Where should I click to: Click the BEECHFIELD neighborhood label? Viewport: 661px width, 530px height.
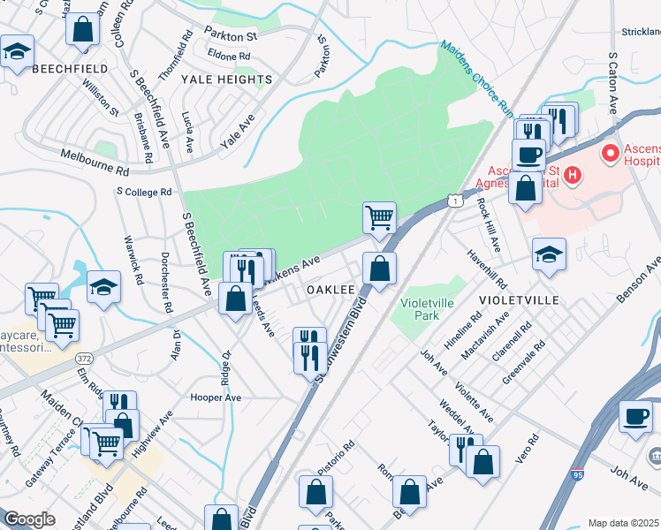click(70, 68)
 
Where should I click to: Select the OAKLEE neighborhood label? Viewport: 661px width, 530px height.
click(330, 290)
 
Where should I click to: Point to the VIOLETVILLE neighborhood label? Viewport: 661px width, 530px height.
click(520, 300)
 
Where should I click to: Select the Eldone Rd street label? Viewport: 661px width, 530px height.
click(229, 56)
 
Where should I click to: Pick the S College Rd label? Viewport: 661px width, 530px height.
click(144, 192)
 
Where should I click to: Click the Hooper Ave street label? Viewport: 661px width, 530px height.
click(216, 397)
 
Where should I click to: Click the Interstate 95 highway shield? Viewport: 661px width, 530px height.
click(577, 474)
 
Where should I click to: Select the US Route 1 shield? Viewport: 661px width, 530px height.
click(454, 201)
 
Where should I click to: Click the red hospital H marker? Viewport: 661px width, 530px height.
click(572, 176)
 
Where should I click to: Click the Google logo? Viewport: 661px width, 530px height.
click(29, 519)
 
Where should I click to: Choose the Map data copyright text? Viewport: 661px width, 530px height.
click(624, 523)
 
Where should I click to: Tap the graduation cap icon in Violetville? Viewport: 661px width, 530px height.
click(549, 254)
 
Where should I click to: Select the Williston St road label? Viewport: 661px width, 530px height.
click(100, 97)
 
